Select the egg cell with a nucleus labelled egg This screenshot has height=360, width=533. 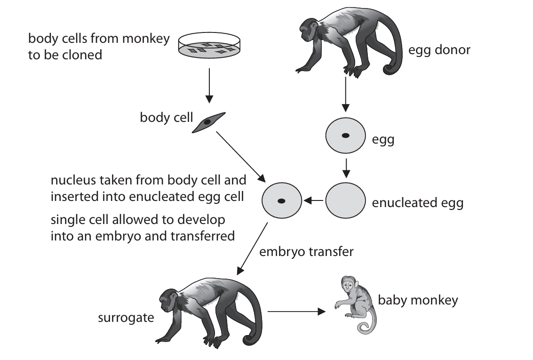(x=345, y=136)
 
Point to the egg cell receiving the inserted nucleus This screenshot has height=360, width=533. (x=281, y=201)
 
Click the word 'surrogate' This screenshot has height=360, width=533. (x=126, y=317)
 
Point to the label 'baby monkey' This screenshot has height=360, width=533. (x=418, y=300)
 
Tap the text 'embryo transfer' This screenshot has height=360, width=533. (x=306, y=251)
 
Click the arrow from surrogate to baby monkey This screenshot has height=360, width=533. (x=297, y=311)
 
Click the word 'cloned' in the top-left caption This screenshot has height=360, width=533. (x=85, y=55)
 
